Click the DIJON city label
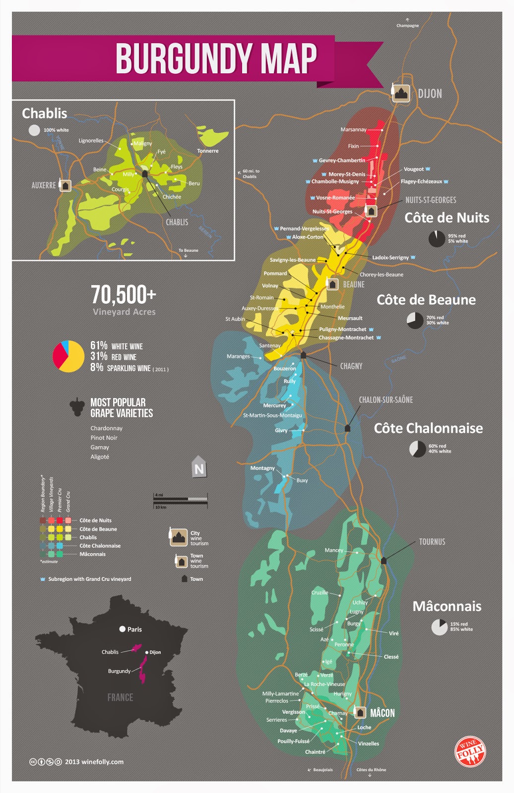(x=430, y=94)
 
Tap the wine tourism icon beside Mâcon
(x=360, y=713)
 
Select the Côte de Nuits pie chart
(x=437, y=238)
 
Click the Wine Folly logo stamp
(x=470, y=751)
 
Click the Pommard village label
(x=275, y=274)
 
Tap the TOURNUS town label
(x=432, y=542)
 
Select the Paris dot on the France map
(x=122, y=629)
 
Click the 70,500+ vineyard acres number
(x=124, y=295)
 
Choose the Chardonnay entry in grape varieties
(x=106, y=428)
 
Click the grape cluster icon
(x=77, y=407)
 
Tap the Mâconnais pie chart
(x=439, y=627)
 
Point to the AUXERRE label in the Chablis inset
(x=44, y=185)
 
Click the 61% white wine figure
(x=99, y=345)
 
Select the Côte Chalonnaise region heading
(x=428, y=428)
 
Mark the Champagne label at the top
(x=407, y=25)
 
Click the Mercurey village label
(x=274, y=405)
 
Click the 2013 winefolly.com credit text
(x=94, y=762)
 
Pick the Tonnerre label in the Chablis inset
(x=207, y=151)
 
